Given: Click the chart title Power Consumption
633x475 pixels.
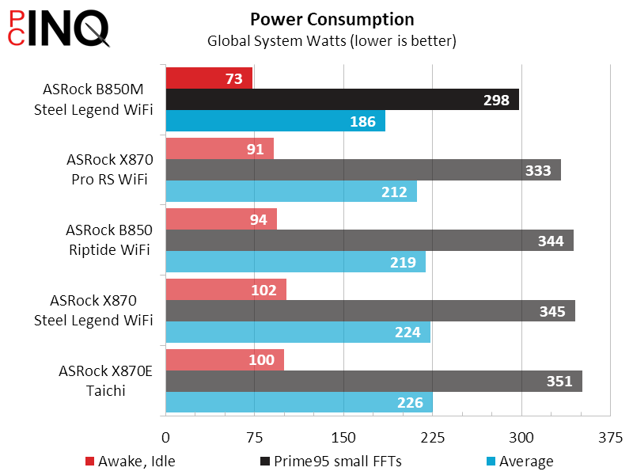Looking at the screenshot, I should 332,19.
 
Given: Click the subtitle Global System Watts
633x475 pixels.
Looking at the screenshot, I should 332,40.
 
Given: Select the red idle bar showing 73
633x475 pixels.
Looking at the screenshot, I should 209,78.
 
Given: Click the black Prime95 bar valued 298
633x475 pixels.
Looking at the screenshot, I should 342,99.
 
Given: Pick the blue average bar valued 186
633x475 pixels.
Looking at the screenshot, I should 275,121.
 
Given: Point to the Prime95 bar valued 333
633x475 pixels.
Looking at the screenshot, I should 363,169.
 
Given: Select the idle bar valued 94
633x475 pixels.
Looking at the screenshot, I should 221,219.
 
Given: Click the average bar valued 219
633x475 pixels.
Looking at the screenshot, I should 295,262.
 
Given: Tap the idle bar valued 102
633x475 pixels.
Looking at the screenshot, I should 226,290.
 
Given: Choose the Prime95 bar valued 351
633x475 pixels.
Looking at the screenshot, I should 373,381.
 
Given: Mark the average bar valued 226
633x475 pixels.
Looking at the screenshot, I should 298,402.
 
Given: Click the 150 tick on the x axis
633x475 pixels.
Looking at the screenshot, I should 343,438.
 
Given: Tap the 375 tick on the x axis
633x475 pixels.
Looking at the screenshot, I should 609,438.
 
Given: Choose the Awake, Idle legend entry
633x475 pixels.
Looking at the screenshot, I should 130,462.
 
